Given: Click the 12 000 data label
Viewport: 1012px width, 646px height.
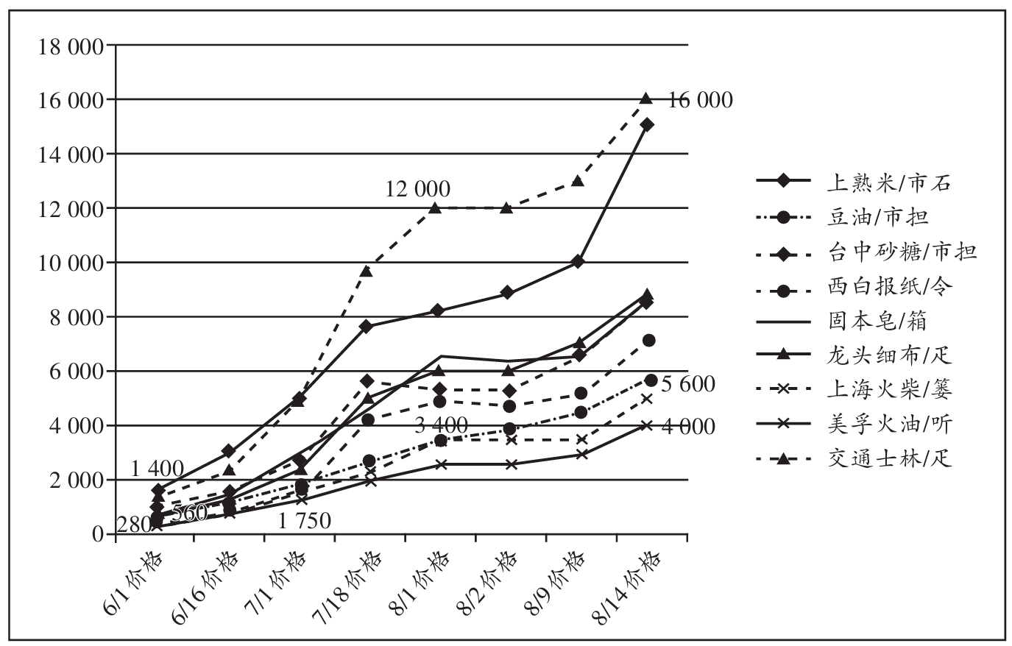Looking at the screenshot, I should click(x=417, y=189).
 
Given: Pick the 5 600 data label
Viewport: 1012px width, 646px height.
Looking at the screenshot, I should click(x=688, y=384).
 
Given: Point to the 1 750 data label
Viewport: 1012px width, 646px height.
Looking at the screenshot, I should click(x=305, y=521).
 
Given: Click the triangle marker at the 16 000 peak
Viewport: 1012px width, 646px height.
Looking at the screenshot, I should click(x=646, y=99).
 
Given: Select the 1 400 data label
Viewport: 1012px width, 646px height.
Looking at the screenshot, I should click(x=158, y=468).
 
